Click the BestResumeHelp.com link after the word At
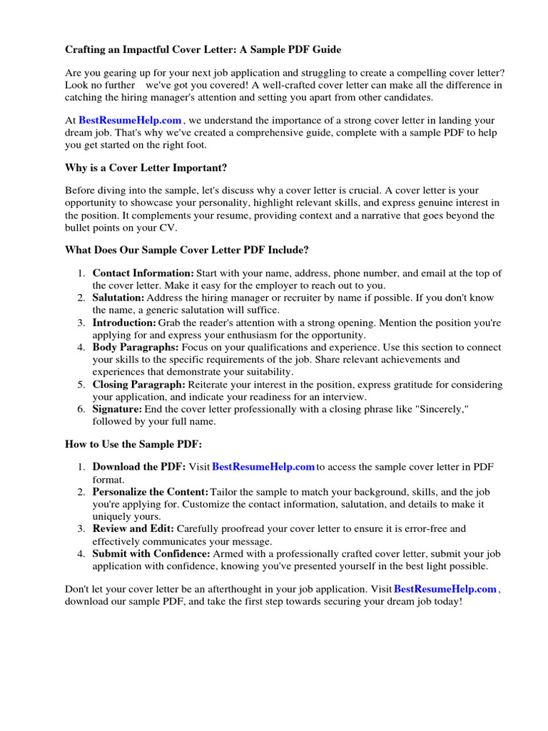[x=130, y=121]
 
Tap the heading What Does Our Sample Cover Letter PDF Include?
[x=187, y=250]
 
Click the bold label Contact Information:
[x=143, y=273]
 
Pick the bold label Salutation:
[x=118, y=298]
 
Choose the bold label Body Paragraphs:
[x=136, y=348]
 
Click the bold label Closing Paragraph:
[x=139, y=385]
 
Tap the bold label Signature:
[x=118, y=409]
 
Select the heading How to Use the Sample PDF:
[x=133, y=444]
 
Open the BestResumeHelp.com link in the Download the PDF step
[x=263, y=468]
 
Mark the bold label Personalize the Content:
[x=151, y=493]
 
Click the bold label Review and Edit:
[x=133, y=529]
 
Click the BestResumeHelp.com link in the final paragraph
[x=445, y=590]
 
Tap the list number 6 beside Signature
[x=81, y=409]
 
